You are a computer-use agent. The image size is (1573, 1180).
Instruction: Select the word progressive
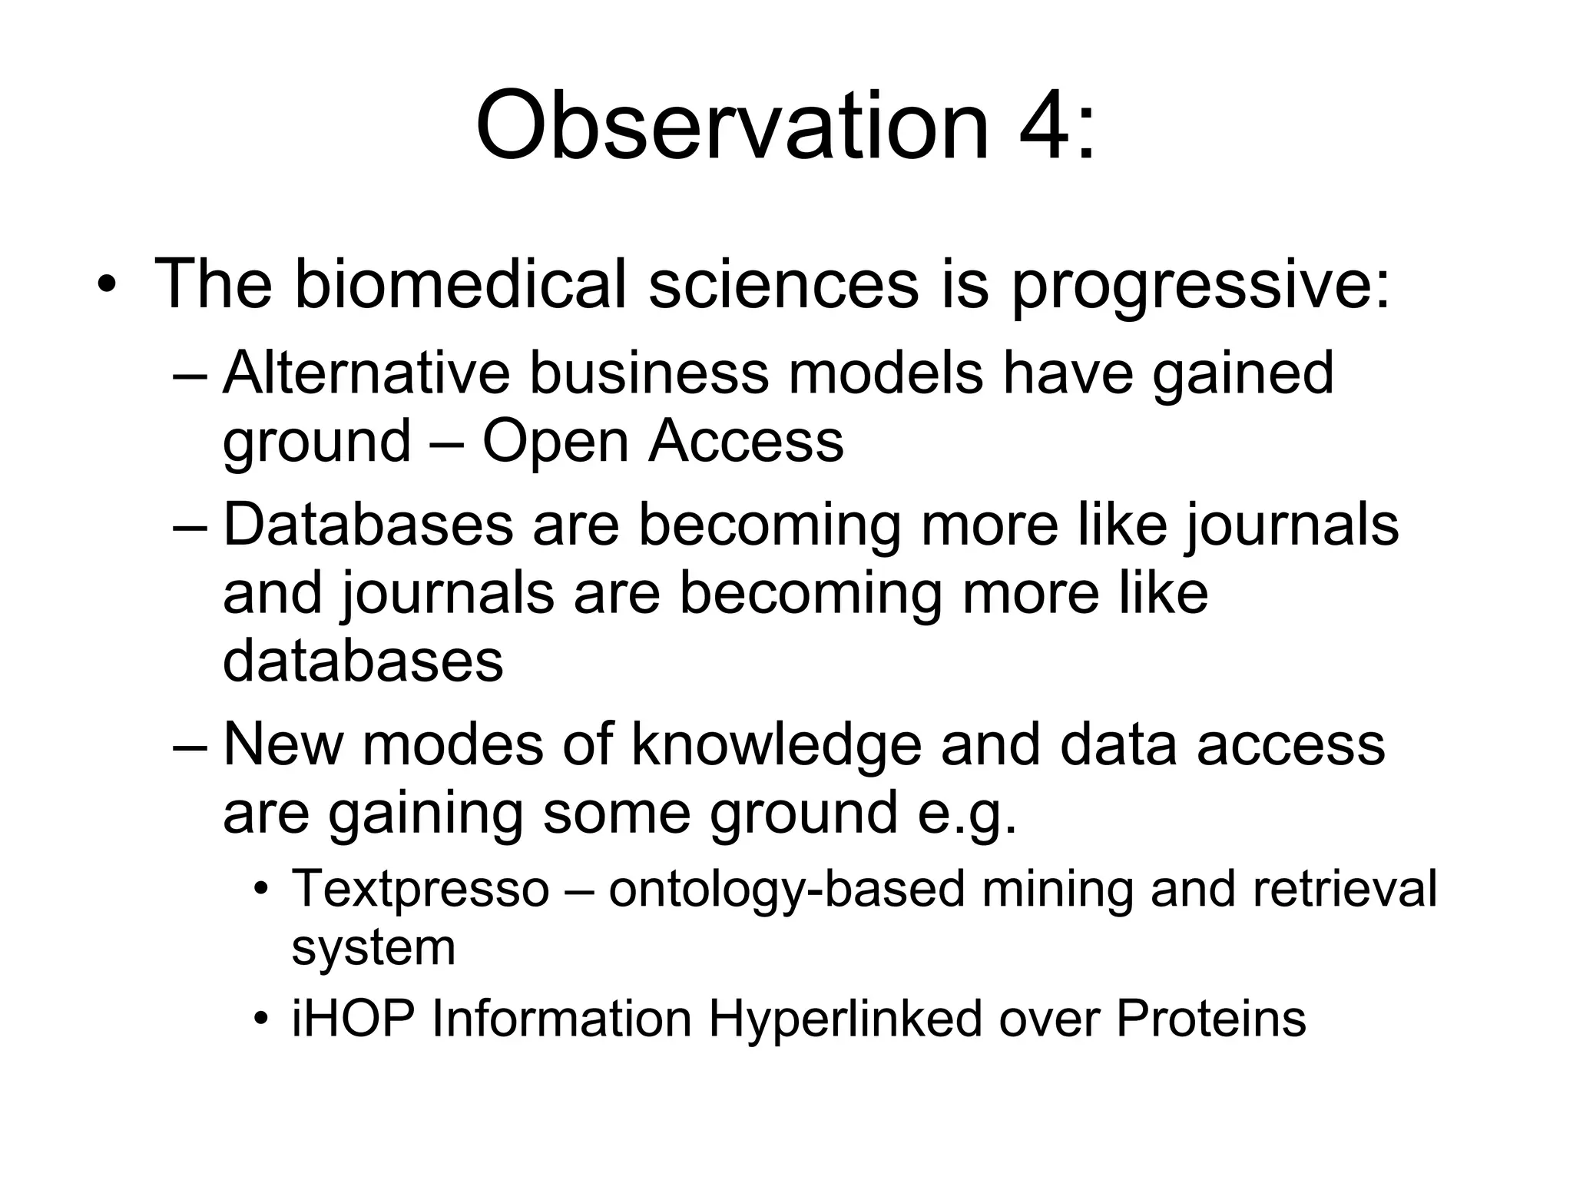[x=1200, y=286]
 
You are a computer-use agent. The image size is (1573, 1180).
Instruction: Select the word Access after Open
[x=747, y=441]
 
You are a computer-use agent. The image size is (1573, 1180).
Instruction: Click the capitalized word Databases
[x=368, y=525]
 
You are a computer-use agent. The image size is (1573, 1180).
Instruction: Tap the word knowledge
[x=776, y=745]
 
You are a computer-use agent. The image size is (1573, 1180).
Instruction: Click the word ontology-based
[x=786, y=890]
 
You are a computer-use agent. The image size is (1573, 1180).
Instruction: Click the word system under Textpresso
[x=373, y=947]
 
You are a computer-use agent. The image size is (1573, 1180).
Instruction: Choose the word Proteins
[x=1210, y=1019]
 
